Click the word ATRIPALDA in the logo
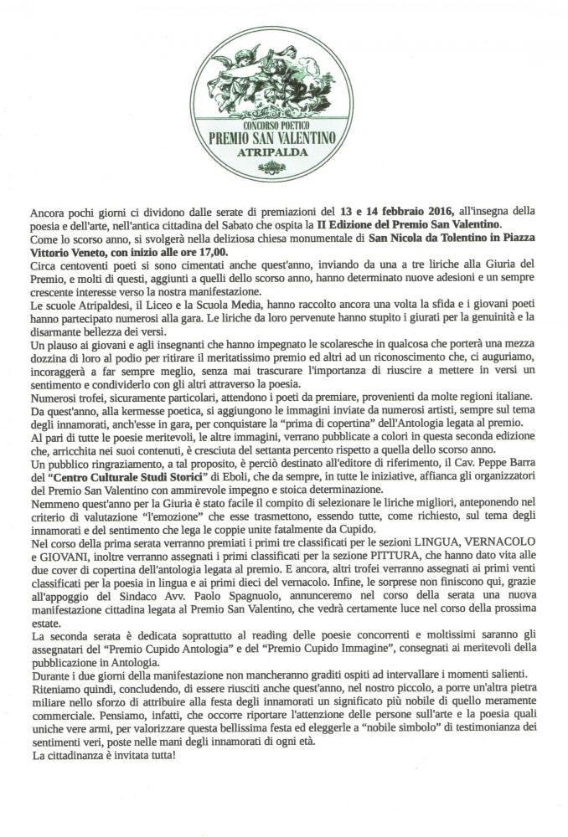tap(284, 155)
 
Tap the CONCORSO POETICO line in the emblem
tap(284, 123)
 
